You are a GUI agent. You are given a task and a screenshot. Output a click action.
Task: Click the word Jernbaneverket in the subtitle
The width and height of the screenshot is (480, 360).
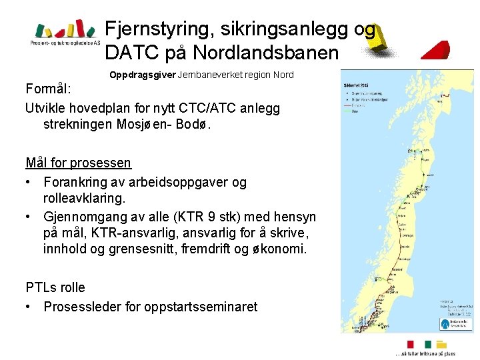[209, 75]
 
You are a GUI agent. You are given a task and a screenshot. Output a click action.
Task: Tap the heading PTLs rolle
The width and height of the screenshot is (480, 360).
[55, 288]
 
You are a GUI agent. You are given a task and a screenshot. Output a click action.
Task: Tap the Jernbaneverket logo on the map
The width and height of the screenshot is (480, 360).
[455, 323]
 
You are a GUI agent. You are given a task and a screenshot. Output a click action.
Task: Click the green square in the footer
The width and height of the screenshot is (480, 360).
[427, 344]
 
